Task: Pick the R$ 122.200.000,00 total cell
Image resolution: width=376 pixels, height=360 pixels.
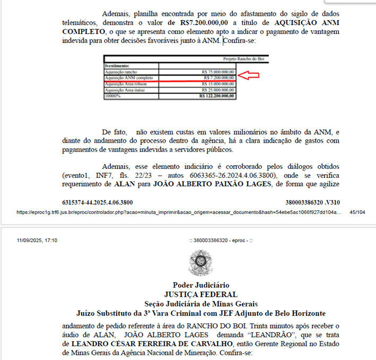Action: (x=216, y=96)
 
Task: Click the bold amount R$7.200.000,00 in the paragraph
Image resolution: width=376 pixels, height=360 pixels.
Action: (x=198, y=23)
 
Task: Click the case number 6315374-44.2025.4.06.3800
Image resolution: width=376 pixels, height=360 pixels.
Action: (x=98, y=202)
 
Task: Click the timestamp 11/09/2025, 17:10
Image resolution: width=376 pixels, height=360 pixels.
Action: (x=37, y=240)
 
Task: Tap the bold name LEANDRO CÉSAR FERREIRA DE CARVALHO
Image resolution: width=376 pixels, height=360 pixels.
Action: (x=151, y=344)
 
